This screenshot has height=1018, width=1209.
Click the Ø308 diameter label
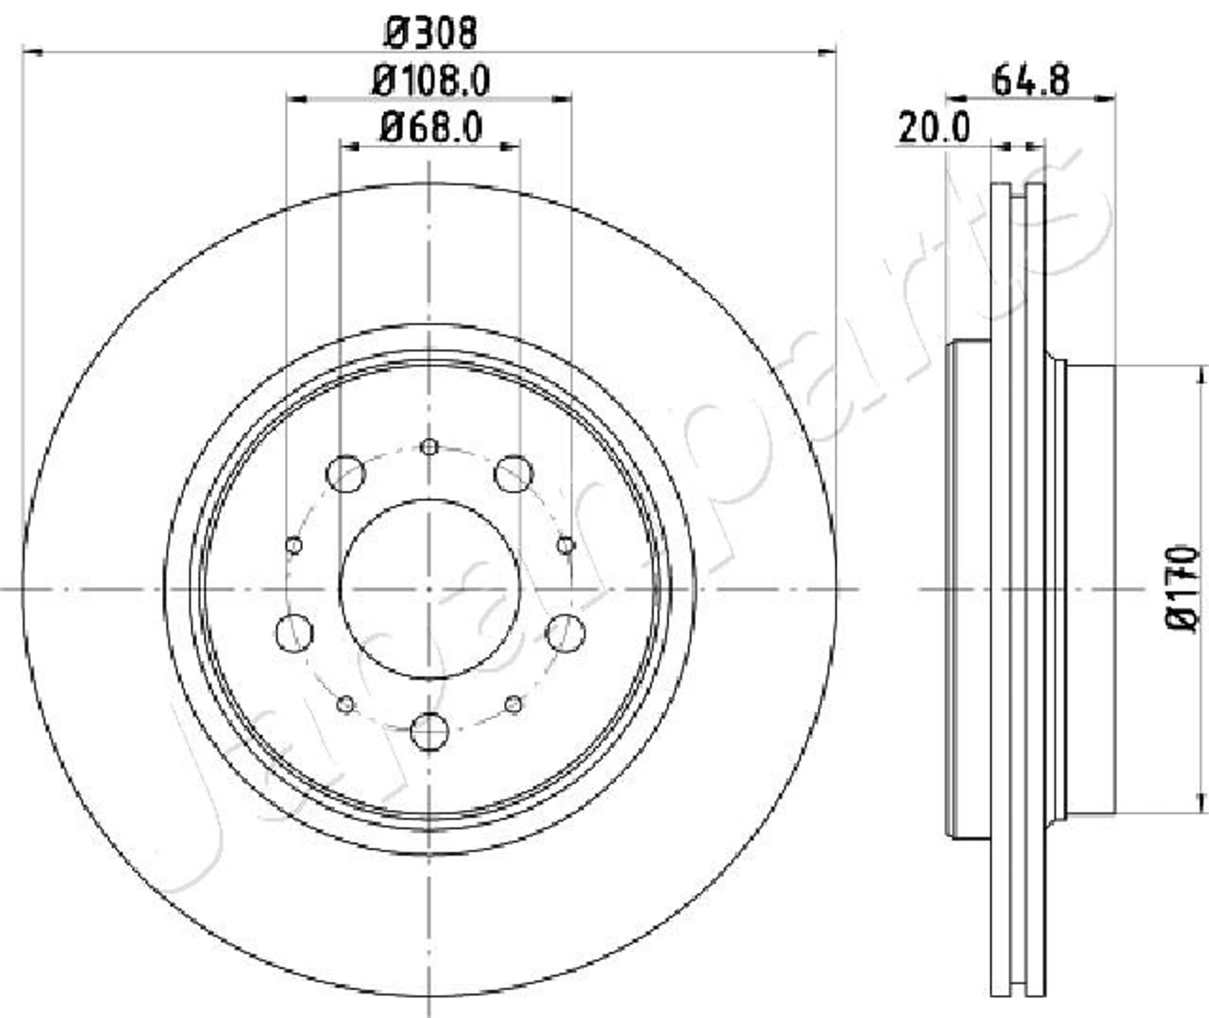coord(430,32)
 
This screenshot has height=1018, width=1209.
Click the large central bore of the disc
coord(430,589)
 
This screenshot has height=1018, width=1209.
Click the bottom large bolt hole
coord(429,732)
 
